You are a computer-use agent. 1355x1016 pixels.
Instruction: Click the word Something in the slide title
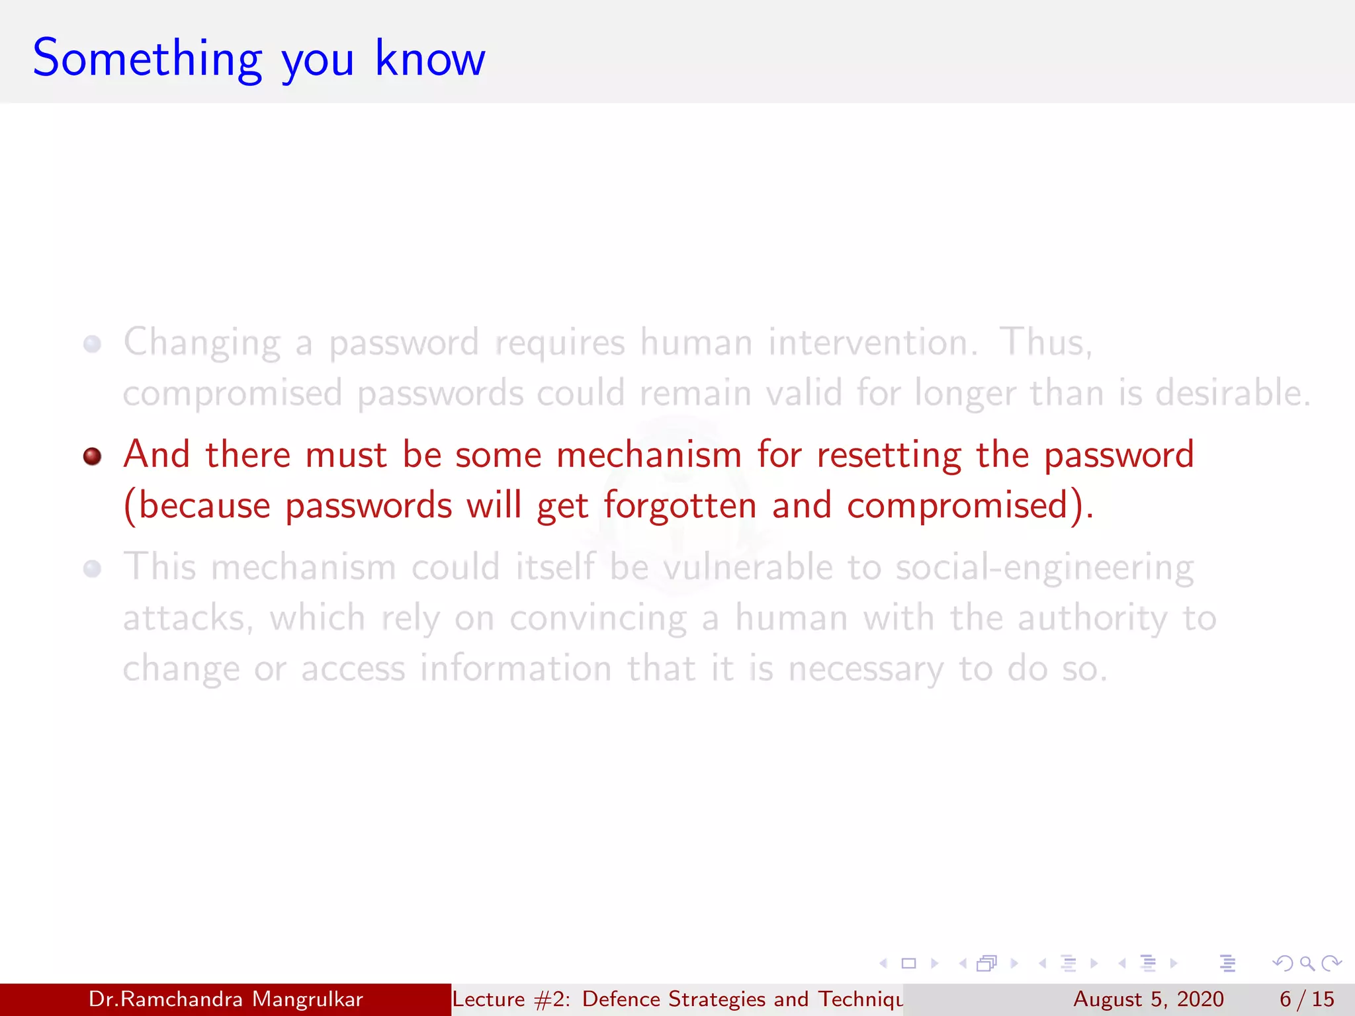click(147, 60)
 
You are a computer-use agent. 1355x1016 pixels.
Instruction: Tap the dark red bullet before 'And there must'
click(93, 456)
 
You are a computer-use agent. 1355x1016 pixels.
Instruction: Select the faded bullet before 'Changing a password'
click(93, 344)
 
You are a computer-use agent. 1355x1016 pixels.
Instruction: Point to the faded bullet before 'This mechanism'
click(93, 569)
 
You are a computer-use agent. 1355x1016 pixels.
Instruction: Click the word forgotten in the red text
click(679, 506)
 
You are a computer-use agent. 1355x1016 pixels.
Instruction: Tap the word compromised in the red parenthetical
click(957, 506)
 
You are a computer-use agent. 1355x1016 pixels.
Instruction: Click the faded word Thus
click(1044, 343)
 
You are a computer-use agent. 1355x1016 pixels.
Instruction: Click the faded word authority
click(1092, 619)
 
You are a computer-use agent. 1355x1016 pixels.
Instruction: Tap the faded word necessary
click(865, 669)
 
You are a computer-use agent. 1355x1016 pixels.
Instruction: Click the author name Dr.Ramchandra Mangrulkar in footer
click(226, 999)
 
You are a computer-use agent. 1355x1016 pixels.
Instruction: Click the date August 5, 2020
click(1148, 999)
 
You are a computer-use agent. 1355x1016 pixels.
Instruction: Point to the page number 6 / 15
click(1307, 999)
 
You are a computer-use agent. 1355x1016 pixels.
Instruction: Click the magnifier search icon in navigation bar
click(1307, 963)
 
